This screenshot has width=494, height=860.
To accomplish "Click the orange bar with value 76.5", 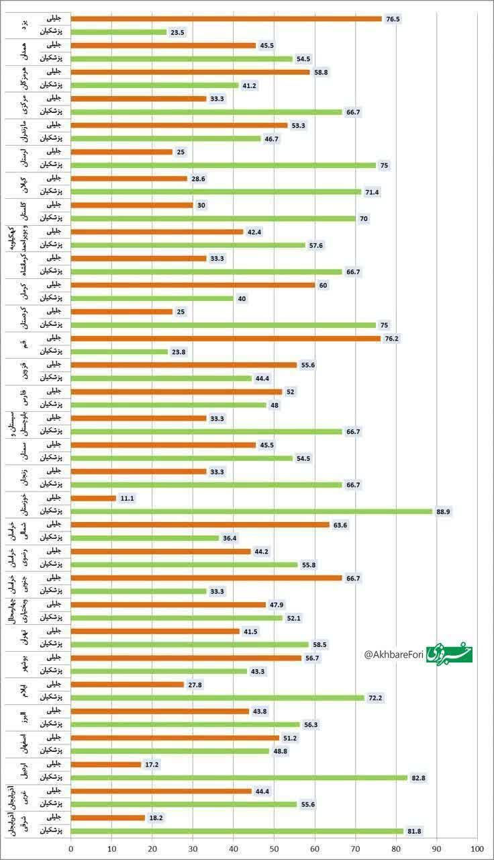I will click(226, 19).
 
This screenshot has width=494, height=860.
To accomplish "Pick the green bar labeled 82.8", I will click(238, 777).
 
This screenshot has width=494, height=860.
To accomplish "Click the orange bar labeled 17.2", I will click(105, 764).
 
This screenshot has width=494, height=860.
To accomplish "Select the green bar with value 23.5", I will click(118, 32).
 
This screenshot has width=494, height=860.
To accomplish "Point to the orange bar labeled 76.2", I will click(225, 338).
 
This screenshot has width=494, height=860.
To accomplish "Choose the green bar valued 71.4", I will click(215, 191).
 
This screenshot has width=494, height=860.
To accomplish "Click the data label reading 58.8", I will click(323, 72).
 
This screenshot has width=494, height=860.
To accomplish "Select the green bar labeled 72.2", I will click(217, 697).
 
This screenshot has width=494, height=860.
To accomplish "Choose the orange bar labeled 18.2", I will click(107, 818).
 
